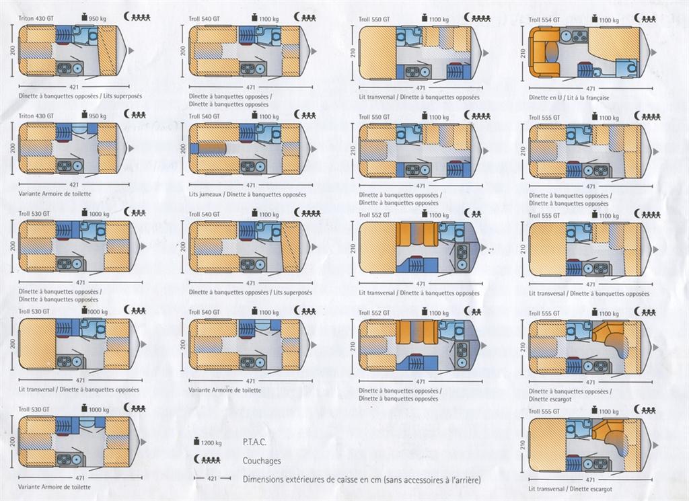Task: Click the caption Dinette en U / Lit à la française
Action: tap(569, 98)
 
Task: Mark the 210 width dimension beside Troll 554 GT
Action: tap(522, 51)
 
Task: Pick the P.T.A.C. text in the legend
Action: tap(254, 442)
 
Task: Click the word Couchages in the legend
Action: tap(262, 461)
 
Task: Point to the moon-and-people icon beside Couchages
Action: tap(208, 461)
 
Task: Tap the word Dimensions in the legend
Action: tap(262, 480)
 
